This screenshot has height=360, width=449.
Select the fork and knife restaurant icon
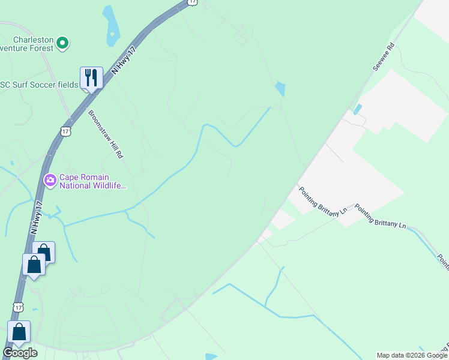click(x=91, y=77)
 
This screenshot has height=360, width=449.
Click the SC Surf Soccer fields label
click(x=39, y=85)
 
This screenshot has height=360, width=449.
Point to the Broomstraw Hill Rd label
click(x=105, y=134)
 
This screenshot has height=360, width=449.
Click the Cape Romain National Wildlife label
click(x=93, y=181)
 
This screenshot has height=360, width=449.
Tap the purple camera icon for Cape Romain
click(x=50, y=179)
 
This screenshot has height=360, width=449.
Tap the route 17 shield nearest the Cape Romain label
click(x=66, y=130)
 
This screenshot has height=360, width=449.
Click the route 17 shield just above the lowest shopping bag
click(x=19, y=307)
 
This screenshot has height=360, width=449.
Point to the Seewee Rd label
click(x=382, y=56)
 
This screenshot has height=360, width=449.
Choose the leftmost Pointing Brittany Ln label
click(x=322, y=200)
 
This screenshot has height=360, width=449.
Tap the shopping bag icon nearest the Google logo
click(x=19, y=332)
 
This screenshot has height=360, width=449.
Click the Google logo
click(x=20, y=353)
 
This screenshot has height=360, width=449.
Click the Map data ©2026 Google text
click(x=412, y=355)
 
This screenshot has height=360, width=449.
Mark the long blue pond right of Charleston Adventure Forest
click(x=111, y=26)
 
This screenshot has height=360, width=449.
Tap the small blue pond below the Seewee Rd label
click(x=358, y=109)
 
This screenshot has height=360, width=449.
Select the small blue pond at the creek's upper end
click(x=280, y=89)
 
